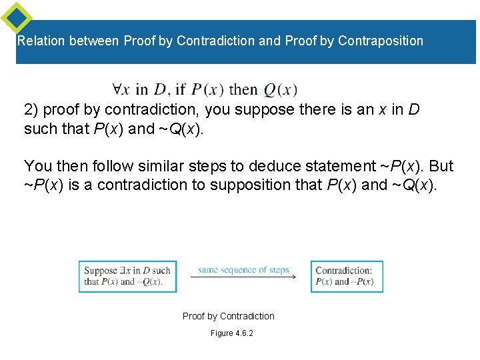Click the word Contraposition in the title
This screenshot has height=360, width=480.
pos(380,41)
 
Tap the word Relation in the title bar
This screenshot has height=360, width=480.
pos(41,41)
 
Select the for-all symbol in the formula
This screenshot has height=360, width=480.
pos(117,89)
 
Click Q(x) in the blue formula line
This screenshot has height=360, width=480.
pos(281,89)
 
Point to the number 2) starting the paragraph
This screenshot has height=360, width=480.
pos(31,109)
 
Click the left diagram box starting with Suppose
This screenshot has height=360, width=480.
pos(127,275)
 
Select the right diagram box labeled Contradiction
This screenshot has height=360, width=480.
pos(347,275)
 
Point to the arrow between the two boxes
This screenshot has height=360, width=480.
pos(243,277)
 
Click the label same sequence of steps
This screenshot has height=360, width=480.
pos(243,269)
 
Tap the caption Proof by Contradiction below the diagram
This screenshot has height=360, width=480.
pos(229,316)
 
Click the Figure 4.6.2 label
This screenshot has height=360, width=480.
pos(232,333)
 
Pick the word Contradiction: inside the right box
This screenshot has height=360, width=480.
pos(343,271)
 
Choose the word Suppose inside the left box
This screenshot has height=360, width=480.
pos(101,270)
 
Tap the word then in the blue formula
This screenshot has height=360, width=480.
pos(243,89)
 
